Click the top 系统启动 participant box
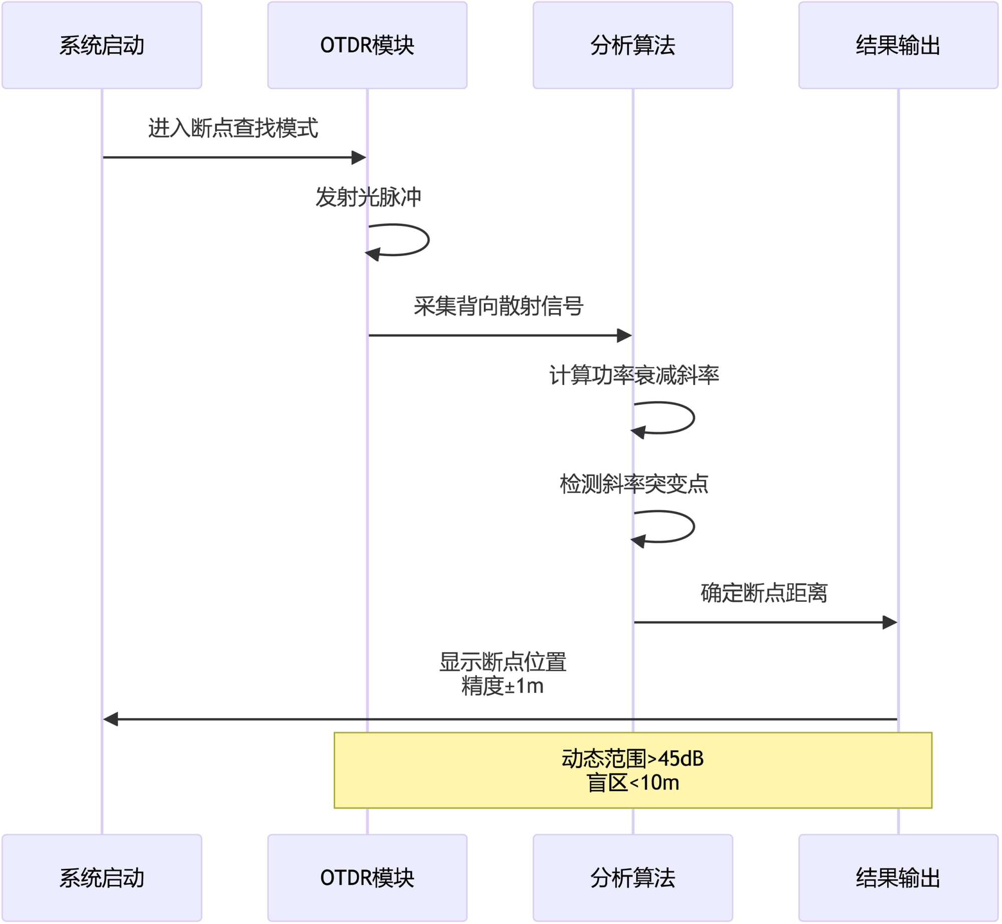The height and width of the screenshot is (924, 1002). coord(102,45)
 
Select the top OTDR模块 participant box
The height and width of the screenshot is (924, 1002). coord(367,45)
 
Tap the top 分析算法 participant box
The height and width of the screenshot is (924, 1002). coord(633,45)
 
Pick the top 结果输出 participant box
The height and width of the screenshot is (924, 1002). coord(898,45)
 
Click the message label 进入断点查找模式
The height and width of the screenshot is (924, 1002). coord(233,128)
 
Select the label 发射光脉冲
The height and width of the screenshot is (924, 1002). coord(368,197)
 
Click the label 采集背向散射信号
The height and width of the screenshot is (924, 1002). coord(498,306)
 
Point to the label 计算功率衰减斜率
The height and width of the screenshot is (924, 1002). coord(634,375)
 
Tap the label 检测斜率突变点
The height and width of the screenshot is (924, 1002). coord(634,484)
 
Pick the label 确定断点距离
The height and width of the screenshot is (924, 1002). coord(764,593)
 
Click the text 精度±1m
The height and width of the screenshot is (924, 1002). coord(503,686)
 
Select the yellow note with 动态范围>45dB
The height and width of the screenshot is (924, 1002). coord(633,770)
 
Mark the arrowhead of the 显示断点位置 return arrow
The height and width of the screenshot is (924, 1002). coord(111,719)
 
